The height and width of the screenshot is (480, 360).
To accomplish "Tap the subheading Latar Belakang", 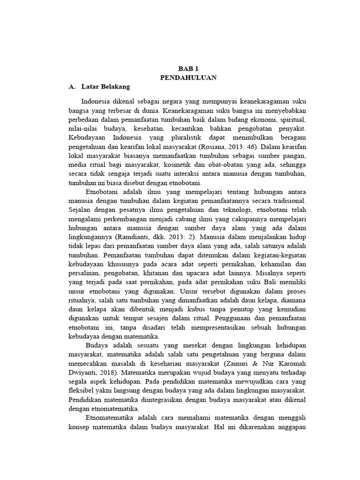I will [105, 87].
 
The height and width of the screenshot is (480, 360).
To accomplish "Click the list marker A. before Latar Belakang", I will [72, 87].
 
